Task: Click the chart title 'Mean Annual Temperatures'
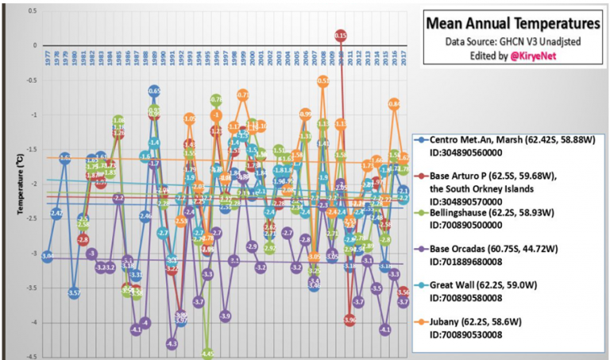coord(512,23)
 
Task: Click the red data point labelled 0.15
coord(341,36)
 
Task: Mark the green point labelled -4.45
coord(207,353)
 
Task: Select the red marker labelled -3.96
coord(350,319)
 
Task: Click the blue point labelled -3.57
coord(74,293)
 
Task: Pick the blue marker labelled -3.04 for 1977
coord(48,256)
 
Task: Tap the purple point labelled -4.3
coord(172,343)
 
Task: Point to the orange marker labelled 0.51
coord(323,80)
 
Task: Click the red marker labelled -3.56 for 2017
coord(403,292)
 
